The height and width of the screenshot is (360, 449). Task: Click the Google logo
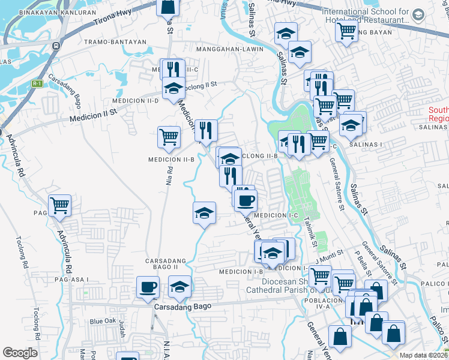click(20, 353)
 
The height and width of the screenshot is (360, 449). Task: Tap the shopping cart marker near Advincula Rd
click(59, 206)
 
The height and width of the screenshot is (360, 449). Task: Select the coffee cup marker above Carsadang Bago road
click(148, 287)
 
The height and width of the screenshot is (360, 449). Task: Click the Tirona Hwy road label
click(112, 20)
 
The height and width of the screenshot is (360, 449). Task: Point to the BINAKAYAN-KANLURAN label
click(49, 12)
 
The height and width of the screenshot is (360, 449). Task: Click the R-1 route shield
click(37, 83)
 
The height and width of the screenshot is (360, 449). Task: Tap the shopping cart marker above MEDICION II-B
click(169, 137)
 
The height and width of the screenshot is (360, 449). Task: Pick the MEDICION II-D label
click(139, 101)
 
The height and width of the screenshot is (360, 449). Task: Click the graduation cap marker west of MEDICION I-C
click(204, 213)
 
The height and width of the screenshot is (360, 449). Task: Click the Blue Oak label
click(102, 321)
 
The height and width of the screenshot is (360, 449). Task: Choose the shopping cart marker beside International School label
click(346, 31)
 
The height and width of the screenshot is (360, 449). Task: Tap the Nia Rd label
click(170, 174)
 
